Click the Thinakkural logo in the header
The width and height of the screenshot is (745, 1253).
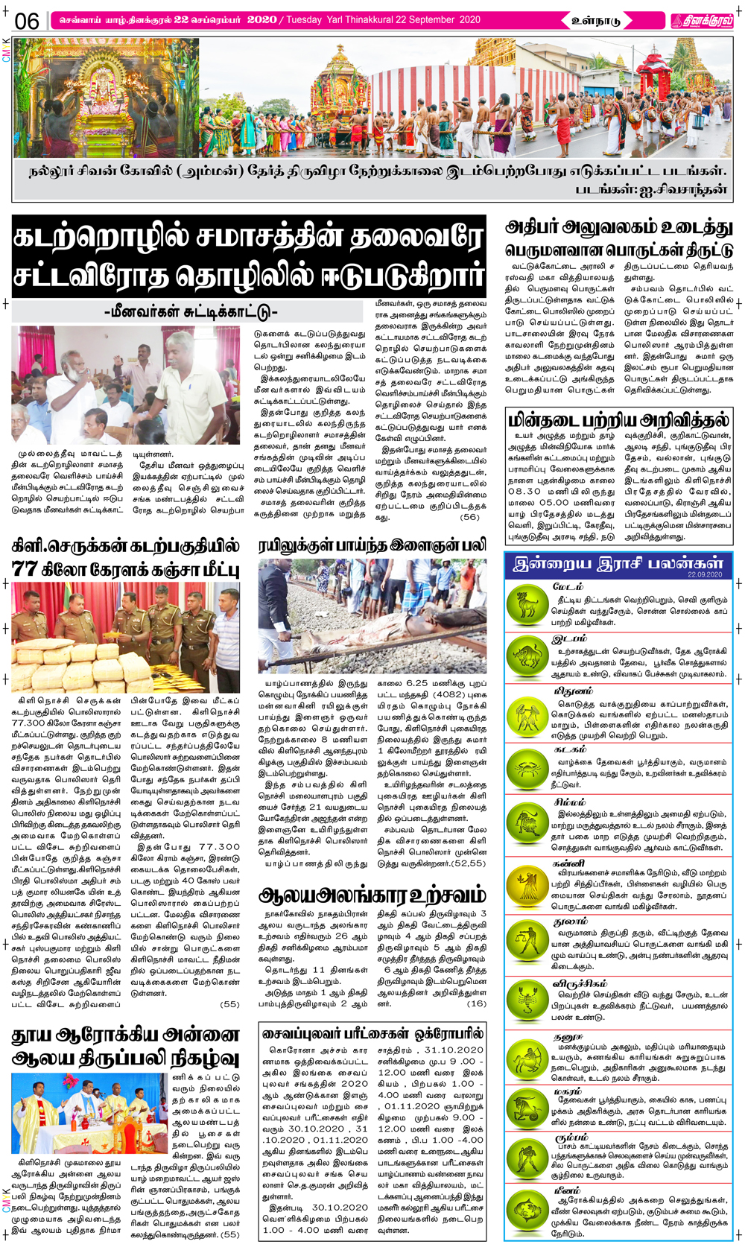701,21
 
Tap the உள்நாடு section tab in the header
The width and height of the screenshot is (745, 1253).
596,21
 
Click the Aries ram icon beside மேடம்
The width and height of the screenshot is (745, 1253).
527,603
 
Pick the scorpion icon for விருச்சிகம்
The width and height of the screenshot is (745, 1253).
527,999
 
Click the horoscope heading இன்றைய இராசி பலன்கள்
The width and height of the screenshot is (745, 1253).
618,564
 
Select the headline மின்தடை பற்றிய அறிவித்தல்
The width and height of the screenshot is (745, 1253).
618,419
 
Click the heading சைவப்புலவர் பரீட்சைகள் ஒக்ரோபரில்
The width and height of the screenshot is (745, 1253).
372,1033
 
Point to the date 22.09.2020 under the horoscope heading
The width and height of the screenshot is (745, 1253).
704,575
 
